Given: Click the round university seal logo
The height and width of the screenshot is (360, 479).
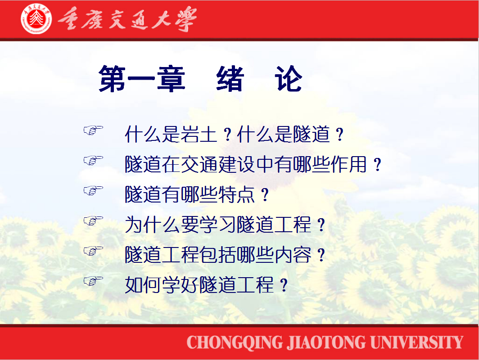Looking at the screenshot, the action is (x=36, y=18).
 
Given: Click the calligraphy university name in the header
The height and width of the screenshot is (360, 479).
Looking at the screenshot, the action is (x=127, y=19).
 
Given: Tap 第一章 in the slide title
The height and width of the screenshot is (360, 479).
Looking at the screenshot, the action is (x=142, y=79).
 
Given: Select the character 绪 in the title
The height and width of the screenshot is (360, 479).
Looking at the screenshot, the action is (x=230, y=79).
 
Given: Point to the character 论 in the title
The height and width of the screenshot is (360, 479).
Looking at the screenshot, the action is (x=289, y=79).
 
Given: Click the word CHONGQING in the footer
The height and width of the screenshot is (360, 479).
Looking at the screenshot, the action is (x=235, y=342).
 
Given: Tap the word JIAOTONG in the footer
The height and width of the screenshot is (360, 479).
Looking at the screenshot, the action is (x=326, y=342).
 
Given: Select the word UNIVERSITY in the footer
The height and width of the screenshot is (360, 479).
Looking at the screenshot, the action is (x=417, y=342).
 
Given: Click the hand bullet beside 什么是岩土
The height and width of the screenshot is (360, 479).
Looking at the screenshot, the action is (x=94, y=130).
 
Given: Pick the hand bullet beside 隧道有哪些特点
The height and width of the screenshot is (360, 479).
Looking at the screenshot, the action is (x=94, y=190).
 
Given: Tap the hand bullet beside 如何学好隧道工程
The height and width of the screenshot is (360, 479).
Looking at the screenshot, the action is (x=94, y=281).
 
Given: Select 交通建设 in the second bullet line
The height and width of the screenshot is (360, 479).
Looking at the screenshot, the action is (x=217, y=164).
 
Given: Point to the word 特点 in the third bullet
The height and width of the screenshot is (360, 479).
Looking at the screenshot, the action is (x=236, y=194).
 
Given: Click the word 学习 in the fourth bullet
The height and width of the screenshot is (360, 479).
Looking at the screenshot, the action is (x=217, y=225).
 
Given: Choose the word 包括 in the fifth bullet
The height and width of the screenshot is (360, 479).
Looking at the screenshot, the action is (x=217, y=255).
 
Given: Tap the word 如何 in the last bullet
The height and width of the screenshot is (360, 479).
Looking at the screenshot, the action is (x=143, y=285).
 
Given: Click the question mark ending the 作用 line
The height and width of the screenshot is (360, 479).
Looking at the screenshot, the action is (x=378, y=165).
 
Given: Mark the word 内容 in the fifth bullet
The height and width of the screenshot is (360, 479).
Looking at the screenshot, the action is (x=293, y=255).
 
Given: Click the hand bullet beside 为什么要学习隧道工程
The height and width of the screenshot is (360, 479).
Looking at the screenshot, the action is (x=94, y=220).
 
